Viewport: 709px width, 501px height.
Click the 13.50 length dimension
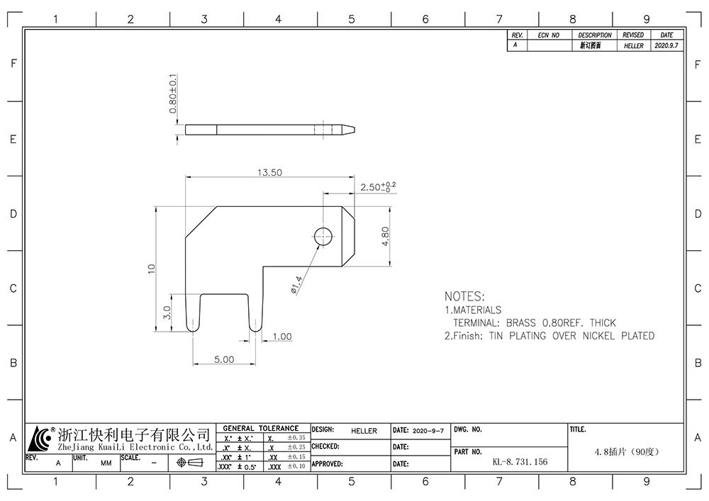pyautogui.click(x=269, y=172)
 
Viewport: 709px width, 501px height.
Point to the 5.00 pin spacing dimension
pyautogui.click(x=224, y=359)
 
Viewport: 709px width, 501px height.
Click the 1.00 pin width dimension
pyautogui.click(x=281, y=337)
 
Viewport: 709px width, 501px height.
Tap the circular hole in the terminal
pyautogui.click(x=323, y=236)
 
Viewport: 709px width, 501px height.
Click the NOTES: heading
pyautogui.click(x=464, y=296)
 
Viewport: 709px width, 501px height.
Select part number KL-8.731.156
pyautogui.click(x=520, y=462)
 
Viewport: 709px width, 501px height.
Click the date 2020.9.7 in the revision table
pyautogui.click(x=666, y=45)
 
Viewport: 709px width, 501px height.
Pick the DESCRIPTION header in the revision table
pyautogui.click(x=595, y=35)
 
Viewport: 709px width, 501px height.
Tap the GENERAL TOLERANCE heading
pyautogui.click(x=261, y=429)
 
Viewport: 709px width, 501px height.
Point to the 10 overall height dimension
pyautogui.click(x=150, y=269)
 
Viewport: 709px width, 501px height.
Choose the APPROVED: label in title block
pyautogui.click(x=327, y=464)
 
